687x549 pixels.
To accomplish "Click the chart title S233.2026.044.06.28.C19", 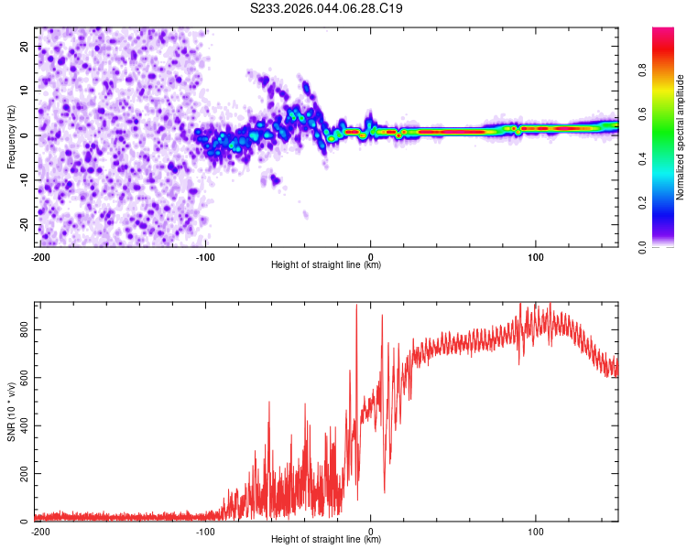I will click(x=327, y=9).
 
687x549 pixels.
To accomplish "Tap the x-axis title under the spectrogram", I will click(x=326, y=265).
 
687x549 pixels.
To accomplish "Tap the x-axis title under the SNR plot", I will click(x=326, y=540).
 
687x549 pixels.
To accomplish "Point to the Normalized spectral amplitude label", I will click(x=680, y=137).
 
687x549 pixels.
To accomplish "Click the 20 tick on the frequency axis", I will click(x=24, y=46).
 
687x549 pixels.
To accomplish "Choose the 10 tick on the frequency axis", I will click(x=24, y=91).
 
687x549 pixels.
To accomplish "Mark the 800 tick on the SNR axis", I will click(x=24, y=329).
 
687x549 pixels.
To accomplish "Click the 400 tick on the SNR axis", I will click(x=24, y=425).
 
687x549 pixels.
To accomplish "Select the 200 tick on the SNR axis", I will click(x=24, y=473).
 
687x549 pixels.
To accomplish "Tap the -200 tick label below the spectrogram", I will click(x=40, y=256).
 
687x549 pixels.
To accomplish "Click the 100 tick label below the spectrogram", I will click(x=537, y=256).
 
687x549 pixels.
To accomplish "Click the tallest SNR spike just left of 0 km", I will click(x=356, y=307).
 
